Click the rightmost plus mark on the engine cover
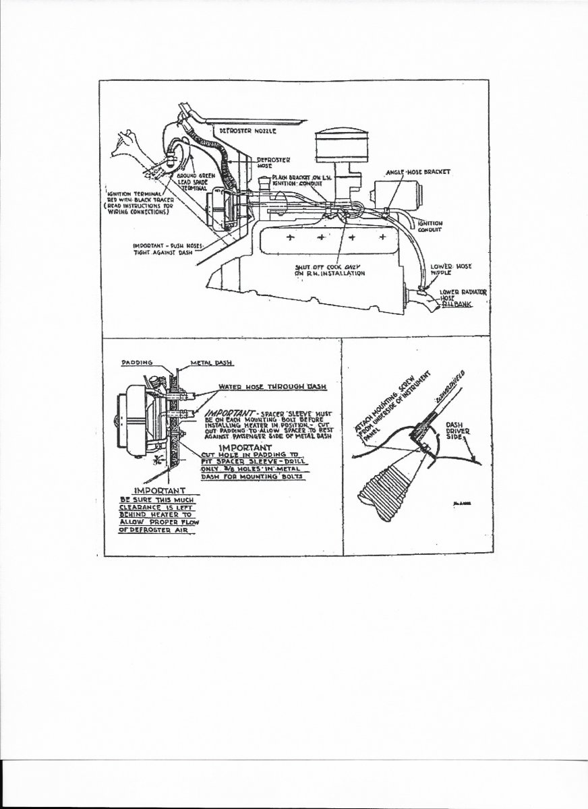coord(382,237)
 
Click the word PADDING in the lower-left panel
coord(136,362)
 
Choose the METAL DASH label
coord(213,362)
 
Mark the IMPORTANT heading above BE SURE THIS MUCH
coord(160,491)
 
